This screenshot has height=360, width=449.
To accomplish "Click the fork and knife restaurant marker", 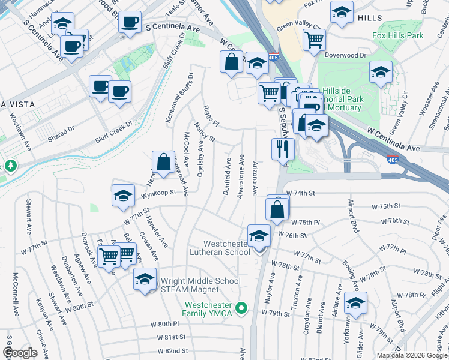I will tap(283, 149).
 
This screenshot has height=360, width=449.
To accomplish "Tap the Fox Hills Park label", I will tap(397, 35).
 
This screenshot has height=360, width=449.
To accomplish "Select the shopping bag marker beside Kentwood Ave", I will tap(163, 162).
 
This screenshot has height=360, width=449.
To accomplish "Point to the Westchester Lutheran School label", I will tap(226, 248).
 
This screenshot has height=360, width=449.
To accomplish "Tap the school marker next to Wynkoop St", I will tap(123, 196).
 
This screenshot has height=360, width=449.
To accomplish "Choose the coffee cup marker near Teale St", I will tap(130, 23).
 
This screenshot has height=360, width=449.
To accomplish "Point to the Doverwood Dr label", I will tap(345, 55).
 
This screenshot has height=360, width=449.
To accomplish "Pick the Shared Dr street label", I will tap(61, 129).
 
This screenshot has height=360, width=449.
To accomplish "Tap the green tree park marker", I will tap(9, 165).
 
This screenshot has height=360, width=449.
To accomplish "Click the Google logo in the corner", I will tap(20, 353).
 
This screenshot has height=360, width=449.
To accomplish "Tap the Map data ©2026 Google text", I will tap(412, 355).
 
